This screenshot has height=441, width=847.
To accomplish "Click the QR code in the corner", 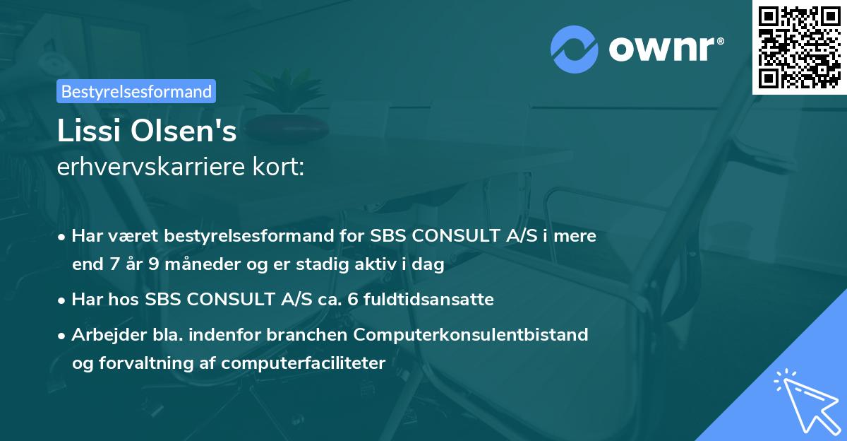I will pos(799,47).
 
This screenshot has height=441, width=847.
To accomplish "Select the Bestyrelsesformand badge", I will pos(136,91).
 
